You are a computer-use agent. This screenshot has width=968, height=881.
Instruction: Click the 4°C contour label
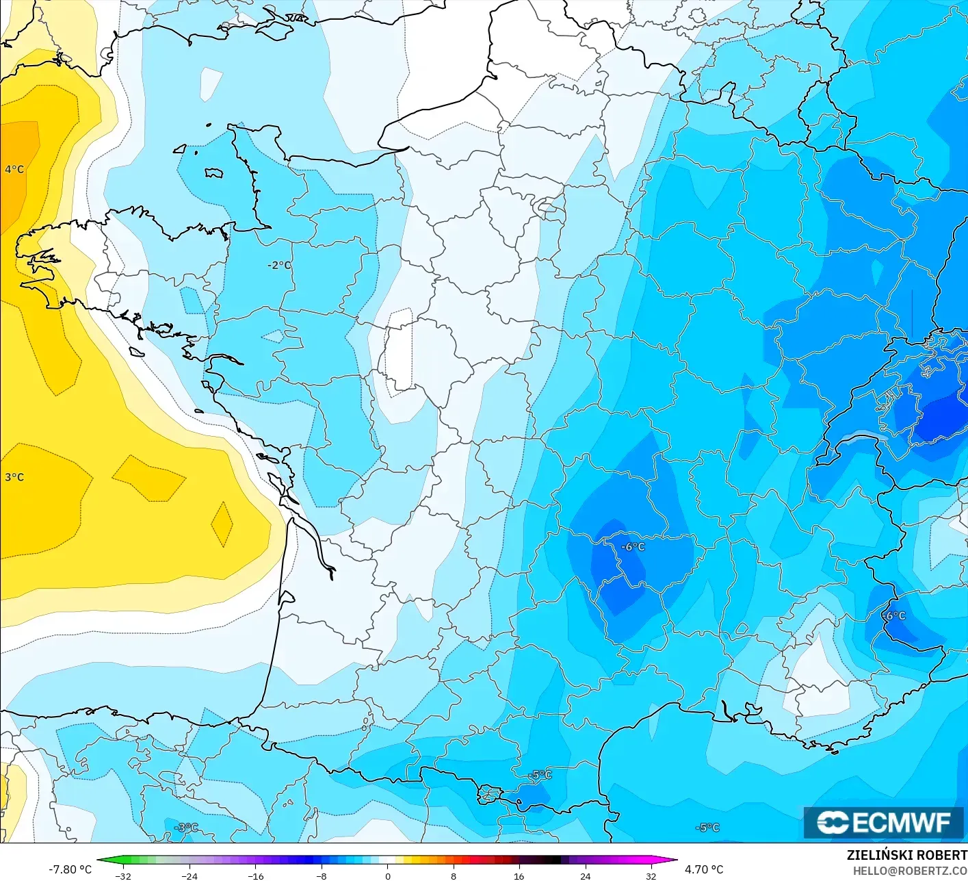(x=14, y=169)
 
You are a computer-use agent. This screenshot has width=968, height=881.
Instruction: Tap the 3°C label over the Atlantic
(x=14, y=477)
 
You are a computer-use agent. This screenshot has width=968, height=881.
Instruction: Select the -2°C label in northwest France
(x=279, y=265)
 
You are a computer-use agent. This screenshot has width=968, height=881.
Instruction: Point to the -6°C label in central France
(x=633, y=547)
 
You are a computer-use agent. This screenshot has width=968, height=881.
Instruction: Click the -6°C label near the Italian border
(x=893, y=616)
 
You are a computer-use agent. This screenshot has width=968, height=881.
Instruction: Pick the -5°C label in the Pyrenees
(x=541, y=775)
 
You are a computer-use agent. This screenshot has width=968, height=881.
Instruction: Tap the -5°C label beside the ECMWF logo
(x=707, y=828)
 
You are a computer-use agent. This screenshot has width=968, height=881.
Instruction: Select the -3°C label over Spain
(x=186, y=828)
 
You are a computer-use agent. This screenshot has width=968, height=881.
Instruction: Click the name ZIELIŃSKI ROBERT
(x=906, y=855)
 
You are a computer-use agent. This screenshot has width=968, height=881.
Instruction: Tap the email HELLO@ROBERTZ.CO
(x=910, y=871)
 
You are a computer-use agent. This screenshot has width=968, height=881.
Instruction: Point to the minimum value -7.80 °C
(x=70, y=869)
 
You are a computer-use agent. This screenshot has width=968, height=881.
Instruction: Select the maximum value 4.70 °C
(x=704, y=869)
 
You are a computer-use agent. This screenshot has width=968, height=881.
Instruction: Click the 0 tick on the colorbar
(x=388, y=876)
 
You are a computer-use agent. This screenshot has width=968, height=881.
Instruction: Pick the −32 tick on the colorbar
(x=123, y=876)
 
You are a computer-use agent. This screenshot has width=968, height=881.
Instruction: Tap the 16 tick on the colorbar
(x=519, y=876)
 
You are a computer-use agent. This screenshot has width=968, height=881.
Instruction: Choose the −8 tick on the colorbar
(x=322, y=876)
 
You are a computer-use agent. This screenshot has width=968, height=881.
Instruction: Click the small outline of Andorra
(x=490, y=795)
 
